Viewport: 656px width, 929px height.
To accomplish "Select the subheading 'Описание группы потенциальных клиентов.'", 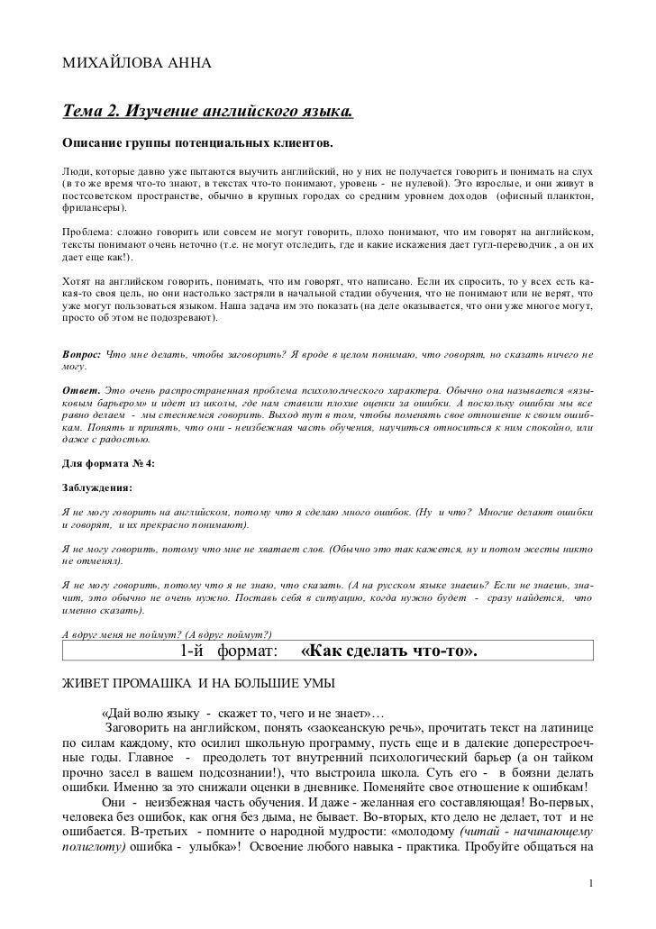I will tap(196, 144).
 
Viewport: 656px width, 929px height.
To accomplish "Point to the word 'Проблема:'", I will tap(86, 232).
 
